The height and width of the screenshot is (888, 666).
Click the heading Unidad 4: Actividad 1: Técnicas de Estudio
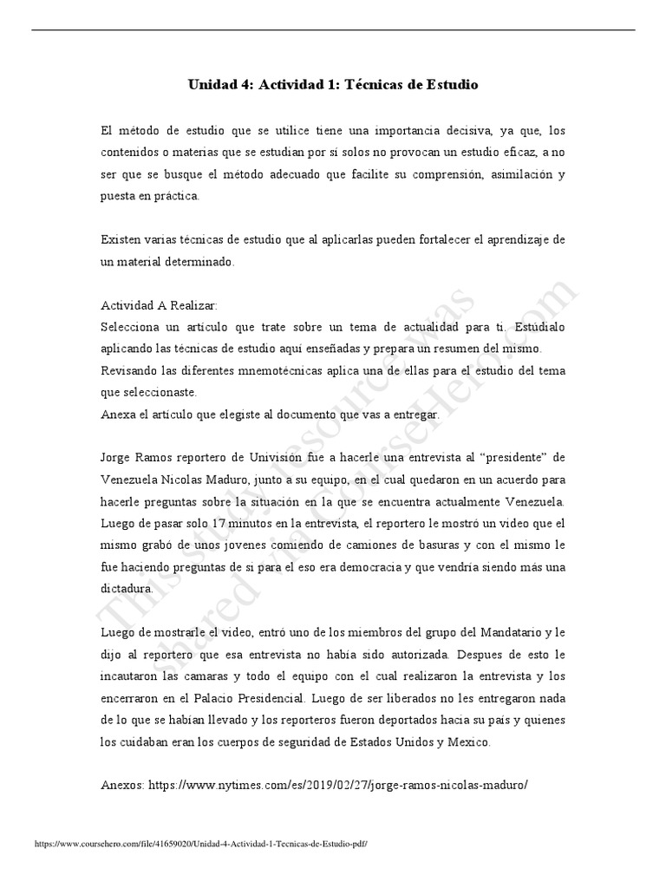click(333, 85)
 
